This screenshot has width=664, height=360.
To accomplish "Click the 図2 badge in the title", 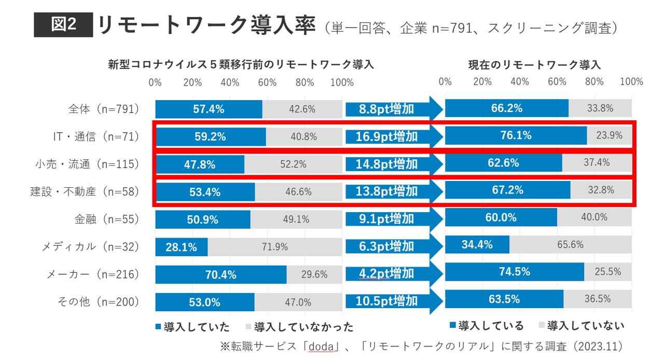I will click(x=63, y=25).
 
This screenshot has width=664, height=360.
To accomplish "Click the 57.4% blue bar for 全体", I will click(x=209, y=109).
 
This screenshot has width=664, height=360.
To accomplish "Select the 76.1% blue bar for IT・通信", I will click(x=516, y=136).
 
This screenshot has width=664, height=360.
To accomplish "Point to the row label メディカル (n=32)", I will click(x=91, y=246).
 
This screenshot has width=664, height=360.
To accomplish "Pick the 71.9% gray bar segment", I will click(x=275, y=247).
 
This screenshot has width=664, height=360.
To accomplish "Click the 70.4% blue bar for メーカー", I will click(x=220, y=274).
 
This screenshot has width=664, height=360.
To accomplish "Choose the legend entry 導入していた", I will click(x=192, y=327).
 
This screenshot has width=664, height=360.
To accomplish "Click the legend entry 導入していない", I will click(x=581, y=326).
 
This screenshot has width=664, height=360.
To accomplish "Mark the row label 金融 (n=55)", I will click(x=107, y=219).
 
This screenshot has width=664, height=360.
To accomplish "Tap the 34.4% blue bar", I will click(x=477, y=244).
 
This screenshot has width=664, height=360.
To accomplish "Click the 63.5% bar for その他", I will click(x=504, y=299).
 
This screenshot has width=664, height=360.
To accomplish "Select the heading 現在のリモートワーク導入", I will click(x=534, y=65).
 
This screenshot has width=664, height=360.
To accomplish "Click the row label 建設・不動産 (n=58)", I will click(x=85, y=191).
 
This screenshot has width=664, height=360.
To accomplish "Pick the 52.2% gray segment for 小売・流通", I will click(x=293, y=164).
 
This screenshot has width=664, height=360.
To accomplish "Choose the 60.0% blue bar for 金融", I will click(x=501, y=218).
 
